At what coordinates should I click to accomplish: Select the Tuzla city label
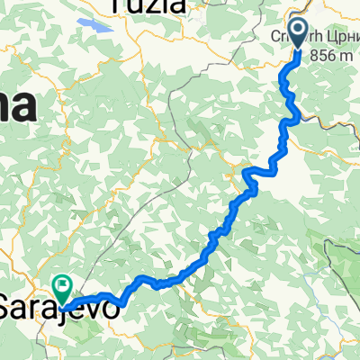coord(149,7)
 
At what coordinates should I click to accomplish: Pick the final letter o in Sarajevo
coord(112,308)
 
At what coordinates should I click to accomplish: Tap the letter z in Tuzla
coord(154,7)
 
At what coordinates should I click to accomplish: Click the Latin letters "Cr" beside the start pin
coord(280,36)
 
